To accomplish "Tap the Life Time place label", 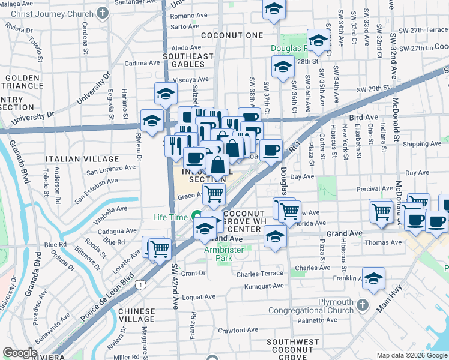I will coord(170,217).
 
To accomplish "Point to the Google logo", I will coord(20,353).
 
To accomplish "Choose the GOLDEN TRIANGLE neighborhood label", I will coord(25,82).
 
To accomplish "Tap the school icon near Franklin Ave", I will coord(373,279).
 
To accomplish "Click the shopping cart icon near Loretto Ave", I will coord(159,248).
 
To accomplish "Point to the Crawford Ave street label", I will coord(238,330).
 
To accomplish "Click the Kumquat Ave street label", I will coord(264,286).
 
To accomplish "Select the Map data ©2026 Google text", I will coord(411,355).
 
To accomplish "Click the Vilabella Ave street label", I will coord(108,209).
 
